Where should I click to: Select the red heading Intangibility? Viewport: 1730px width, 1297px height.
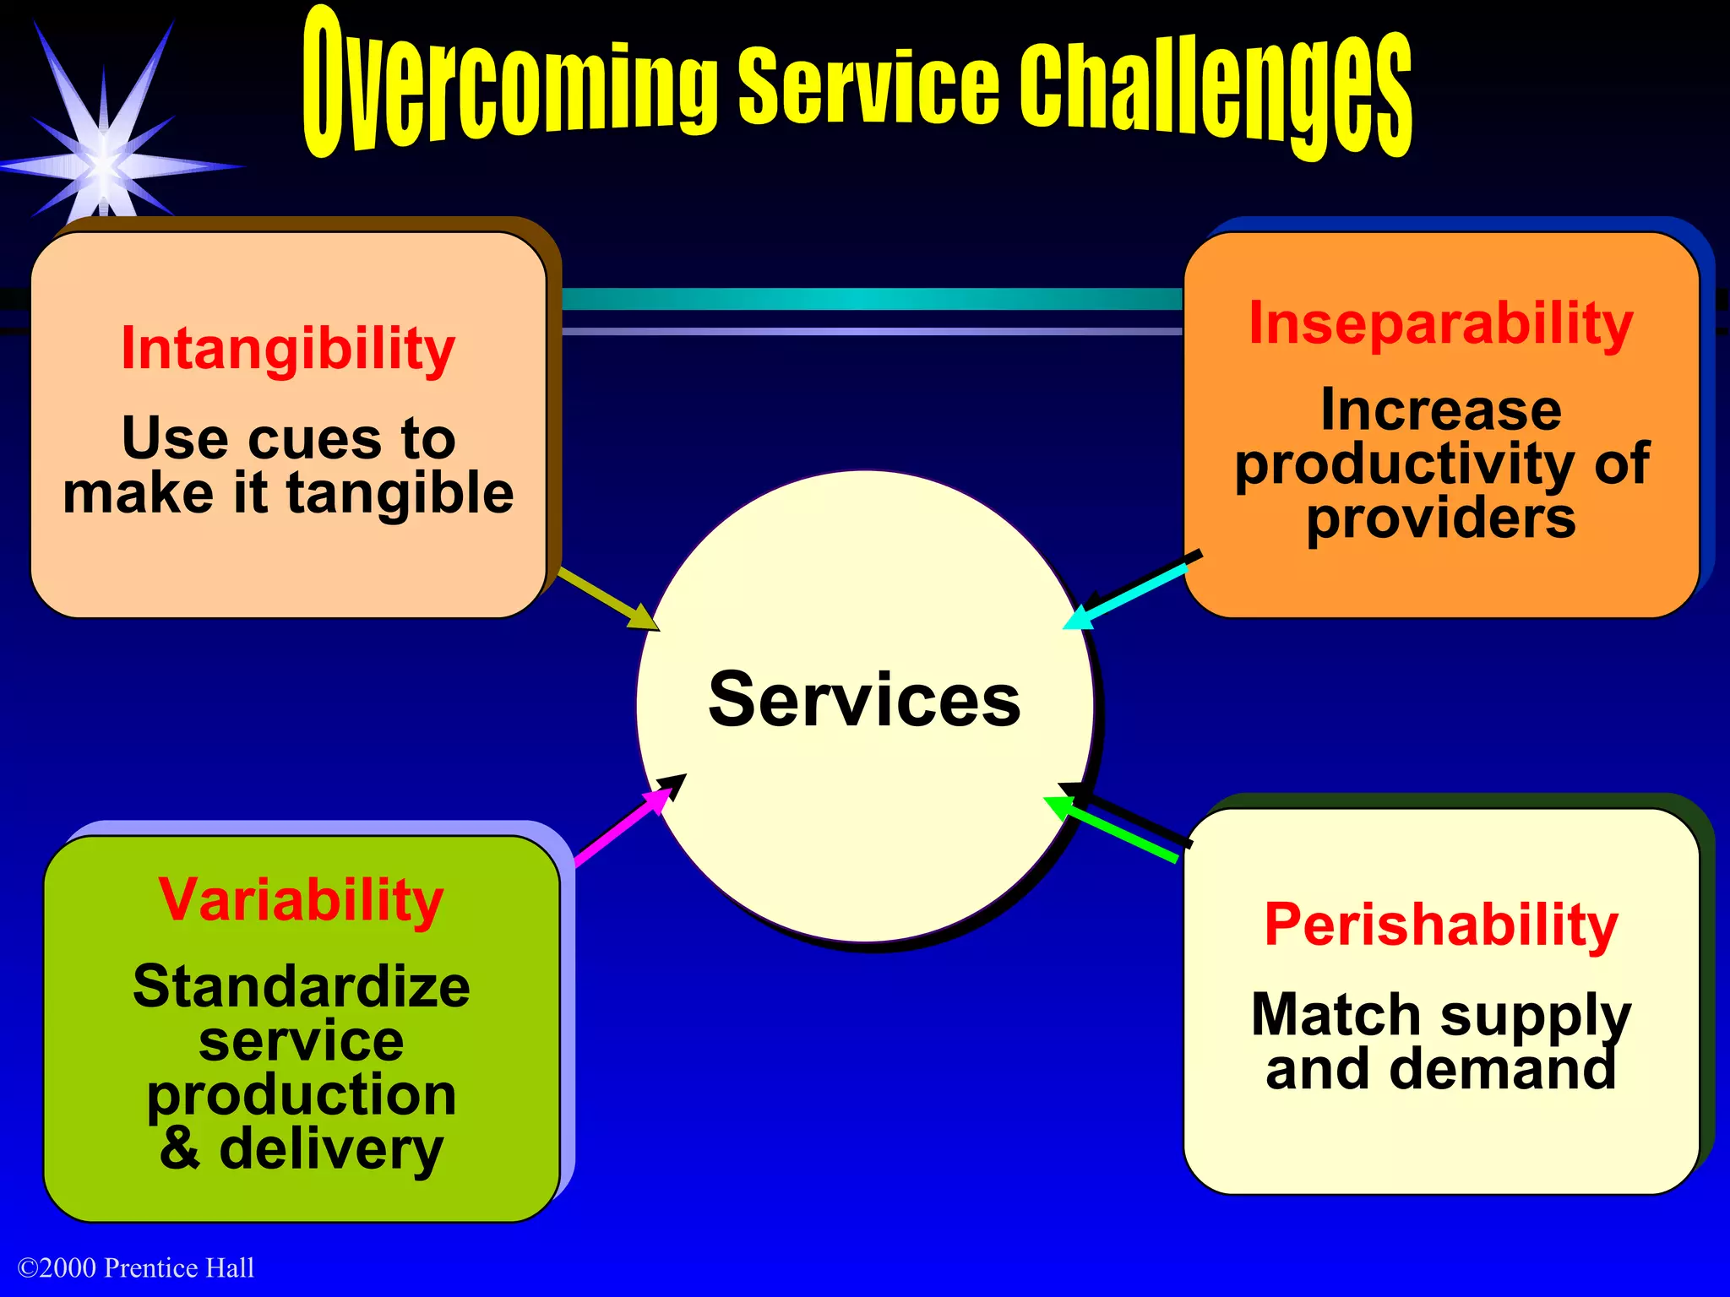pyautogui.click(x=288, y=349)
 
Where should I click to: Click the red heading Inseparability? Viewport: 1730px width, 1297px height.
pyautogui.click(x=1440, y=323)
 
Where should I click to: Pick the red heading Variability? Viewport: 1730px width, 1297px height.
pyautogui.click(x=301, y=900)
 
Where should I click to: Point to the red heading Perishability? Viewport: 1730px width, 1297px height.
pyautogui.click(x=1440, y=925)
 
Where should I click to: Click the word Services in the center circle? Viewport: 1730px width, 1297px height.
pyautogui.click(x=864, y=699)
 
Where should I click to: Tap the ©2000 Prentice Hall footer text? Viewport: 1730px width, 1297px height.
pyautogui.click(x=136, y=1267)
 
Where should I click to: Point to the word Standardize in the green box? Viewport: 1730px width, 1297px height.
pyautogui.click(x=301, y=986)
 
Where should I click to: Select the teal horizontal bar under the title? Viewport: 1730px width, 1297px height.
pyautogui.click(x=870, y=299)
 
